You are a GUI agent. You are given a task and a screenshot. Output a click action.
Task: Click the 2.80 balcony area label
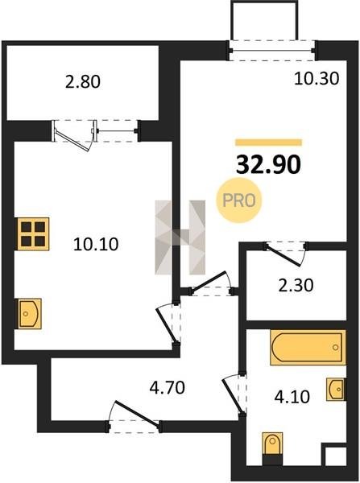coord(83,82)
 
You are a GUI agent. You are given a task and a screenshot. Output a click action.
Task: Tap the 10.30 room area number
coord(317,78)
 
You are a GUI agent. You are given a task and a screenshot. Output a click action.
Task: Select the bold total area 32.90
coord(268,165)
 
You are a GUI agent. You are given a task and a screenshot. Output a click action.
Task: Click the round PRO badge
coord(239,200)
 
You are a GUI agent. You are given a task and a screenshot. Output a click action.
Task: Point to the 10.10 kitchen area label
coord(96,244)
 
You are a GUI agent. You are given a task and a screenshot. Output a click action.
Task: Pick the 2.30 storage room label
coord(296,285)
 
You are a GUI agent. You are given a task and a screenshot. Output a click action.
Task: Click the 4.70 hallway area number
coord(167,387)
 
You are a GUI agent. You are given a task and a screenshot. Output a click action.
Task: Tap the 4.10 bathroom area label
coord(292,397)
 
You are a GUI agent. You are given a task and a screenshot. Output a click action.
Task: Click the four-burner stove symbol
coord(33,233)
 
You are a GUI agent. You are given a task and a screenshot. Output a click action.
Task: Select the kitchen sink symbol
coord(30,314)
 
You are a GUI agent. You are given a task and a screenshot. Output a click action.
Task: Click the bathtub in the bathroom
coord(308,348)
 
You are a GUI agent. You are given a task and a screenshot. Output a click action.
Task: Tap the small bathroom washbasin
coord(336,390)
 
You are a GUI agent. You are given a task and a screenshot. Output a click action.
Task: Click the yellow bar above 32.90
coord(268,142)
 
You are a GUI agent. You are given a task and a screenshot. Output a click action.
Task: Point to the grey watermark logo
coord(180,237)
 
